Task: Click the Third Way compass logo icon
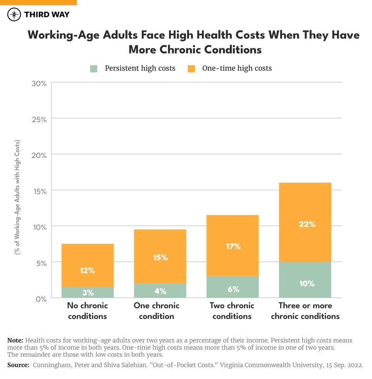tap(14, 15)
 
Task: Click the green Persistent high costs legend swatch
tap(94, 69)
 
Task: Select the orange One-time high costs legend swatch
tap(191, 69)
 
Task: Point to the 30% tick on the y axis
tap(39, 84)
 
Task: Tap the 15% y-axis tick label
tap(39, 191)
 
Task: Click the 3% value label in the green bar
tap(88, 293)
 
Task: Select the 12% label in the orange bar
tap(88, 270)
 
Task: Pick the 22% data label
tap(307, 224)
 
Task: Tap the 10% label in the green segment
tap(307, 284)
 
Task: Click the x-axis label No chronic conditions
tap(88, 311)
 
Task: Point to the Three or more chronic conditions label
tap(305, 311)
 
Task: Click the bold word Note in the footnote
tap(15, 340)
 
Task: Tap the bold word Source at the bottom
tap(18, 365)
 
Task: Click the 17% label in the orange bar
tap(233, 246)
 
